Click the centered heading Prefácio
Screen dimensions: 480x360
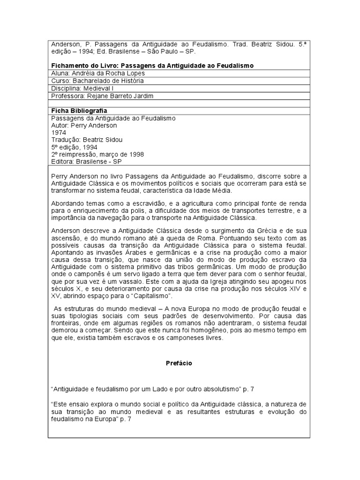[179, 363]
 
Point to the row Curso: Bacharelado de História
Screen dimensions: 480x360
[97, 81]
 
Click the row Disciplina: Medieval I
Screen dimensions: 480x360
[82, 88]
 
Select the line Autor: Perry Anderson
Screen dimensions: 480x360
[84, 126]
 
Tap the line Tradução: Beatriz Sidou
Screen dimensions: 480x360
[87, 140]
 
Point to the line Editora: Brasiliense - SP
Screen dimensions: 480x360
[88, 161]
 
